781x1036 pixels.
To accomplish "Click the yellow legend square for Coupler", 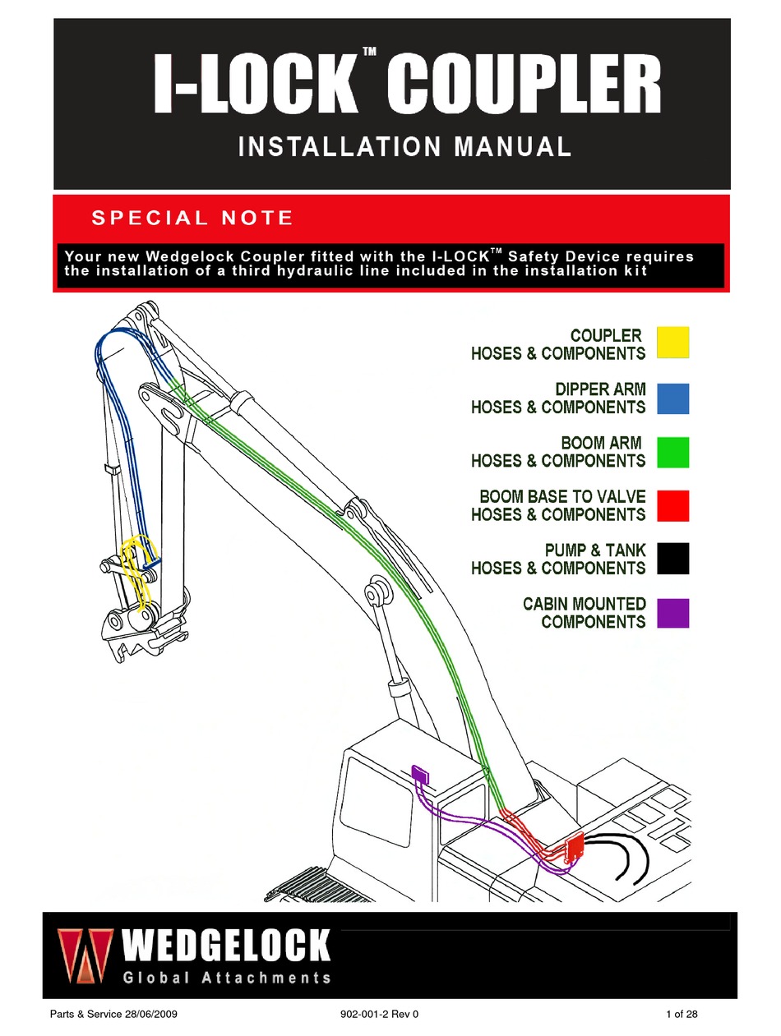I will tap(672, 343).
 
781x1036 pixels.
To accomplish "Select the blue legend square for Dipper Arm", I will tap(672, 398).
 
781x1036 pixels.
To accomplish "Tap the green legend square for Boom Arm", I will tap(672, 452).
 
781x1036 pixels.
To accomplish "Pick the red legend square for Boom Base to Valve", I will tap(672, 506).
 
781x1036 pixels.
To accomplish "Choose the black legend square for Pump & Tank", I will tap(672, 559).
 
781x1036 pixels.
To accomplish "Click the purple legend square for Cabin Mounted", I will tap(672, 613).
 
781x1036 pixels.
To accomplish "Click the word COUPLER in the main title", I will tap(523, 85).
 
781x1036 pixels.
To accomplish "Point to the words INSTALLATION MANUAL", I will tap(404, 147).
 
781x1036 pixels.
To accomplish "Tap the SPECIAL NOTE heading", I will tap(192, 219).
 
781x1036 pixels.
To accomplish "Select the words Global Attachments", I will tap(227, 978).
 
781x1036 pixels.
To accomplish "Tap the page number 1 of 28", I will tap(681, 1015).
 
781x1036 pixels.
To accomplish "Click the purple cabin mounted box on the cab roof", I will tap(419, 774).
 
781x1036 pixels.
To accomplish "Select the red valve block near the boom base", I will tap(573, 845).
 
